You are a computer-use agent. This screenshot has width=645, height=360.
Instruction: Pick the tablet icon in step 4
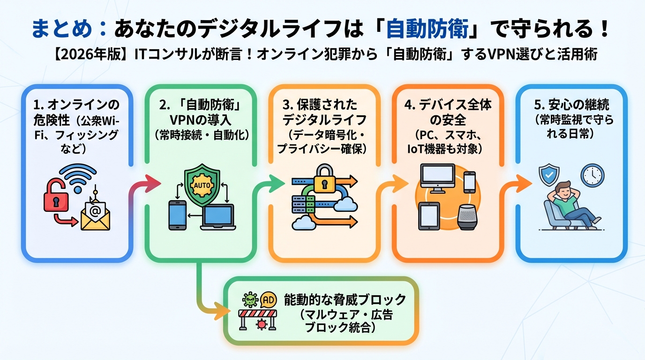(428, 216)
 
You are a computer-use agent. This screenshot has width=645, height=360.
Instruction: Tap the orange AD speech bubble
(268, 299)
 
